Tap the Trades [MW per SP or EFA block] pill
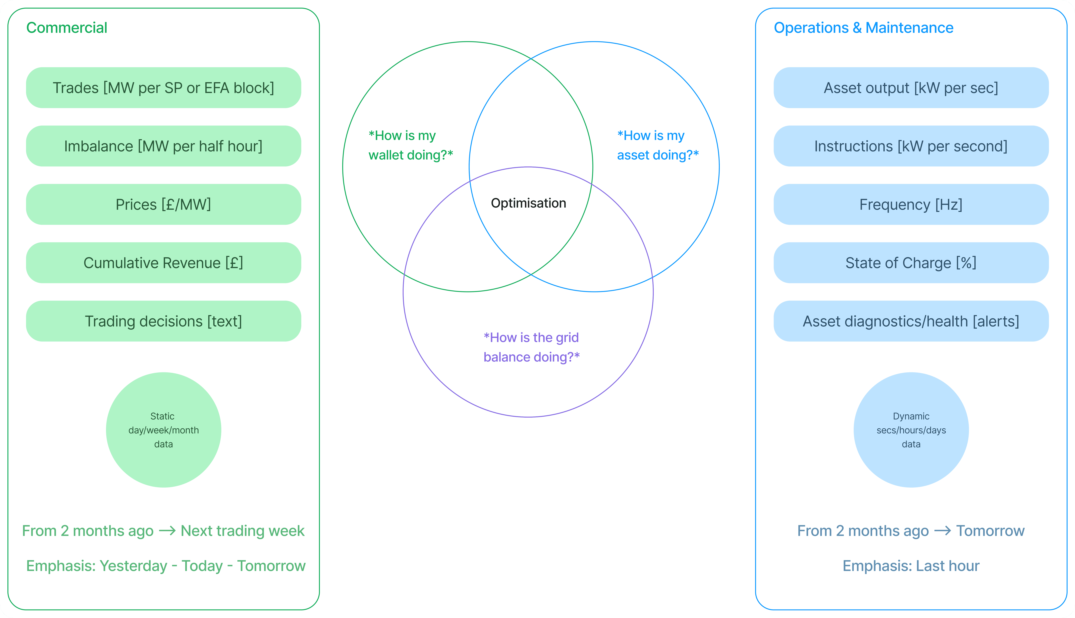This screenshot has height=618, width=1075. click(163, 88)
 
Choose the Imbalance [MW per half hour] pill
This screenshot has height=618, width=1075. click(163, 146)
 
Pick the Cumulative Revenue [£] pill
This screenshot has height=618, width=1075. click(163, 263)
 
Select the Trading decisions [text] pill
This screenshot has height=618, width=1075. click(163, 321)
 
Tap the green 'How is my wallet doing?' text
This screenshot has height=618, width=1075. click(410, 145)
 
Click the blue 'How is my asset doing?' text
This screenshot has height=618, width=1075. click(658, 145)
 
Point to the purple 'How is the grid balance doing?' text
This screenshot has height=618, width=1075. click(531, 347)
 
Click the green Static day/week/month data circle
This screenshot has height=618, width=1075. click(163, 430)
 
